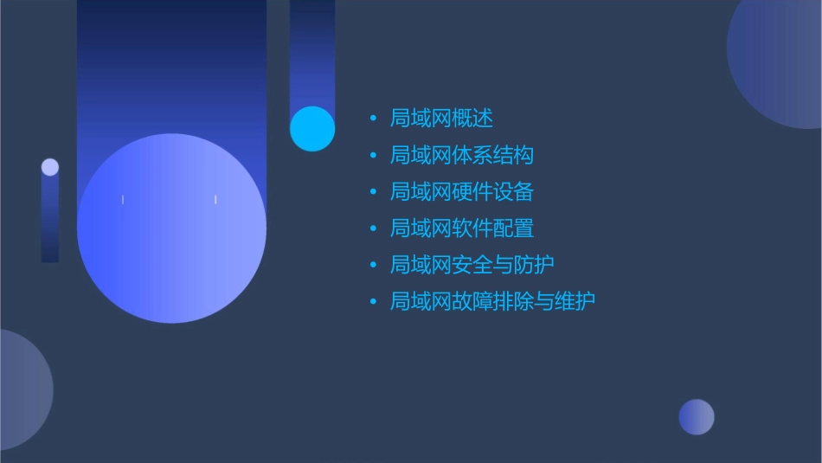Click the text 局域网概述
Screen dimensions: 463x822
coord(441,119)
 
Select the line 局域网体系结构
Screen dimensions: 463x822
coord(462,155)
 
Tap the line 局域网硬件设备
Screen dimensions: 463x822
coord(462,191)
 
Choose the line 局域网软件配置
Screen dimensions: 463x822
coord(462,228)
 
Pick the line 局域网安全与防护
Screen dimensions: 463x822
coord(472,265)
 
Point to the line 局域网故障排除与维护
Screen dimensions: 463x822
coord(492,301)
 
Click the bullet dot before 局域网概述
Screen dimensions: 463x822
coord(373,119)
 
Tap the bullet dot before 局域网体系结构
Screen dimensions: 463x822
coord(373,156)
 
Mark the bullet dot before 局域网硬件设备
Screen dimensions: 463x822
coord(373,192)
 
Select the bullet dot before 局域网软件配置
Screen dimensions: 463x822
coord(373,228)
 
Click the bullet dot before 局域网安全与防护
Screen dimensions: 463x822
coord(373,265)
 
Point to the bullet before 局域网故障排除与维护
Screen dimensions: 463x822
coord(373,302)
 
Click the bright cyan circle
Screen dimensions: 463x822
coord(312,129)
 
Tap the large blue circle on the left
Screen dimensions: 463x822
coord(171,228)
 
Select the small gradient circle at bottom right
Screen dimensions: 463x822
coord(697,417)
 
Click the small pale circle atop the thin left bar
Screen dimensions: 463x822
coord(50,167)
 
